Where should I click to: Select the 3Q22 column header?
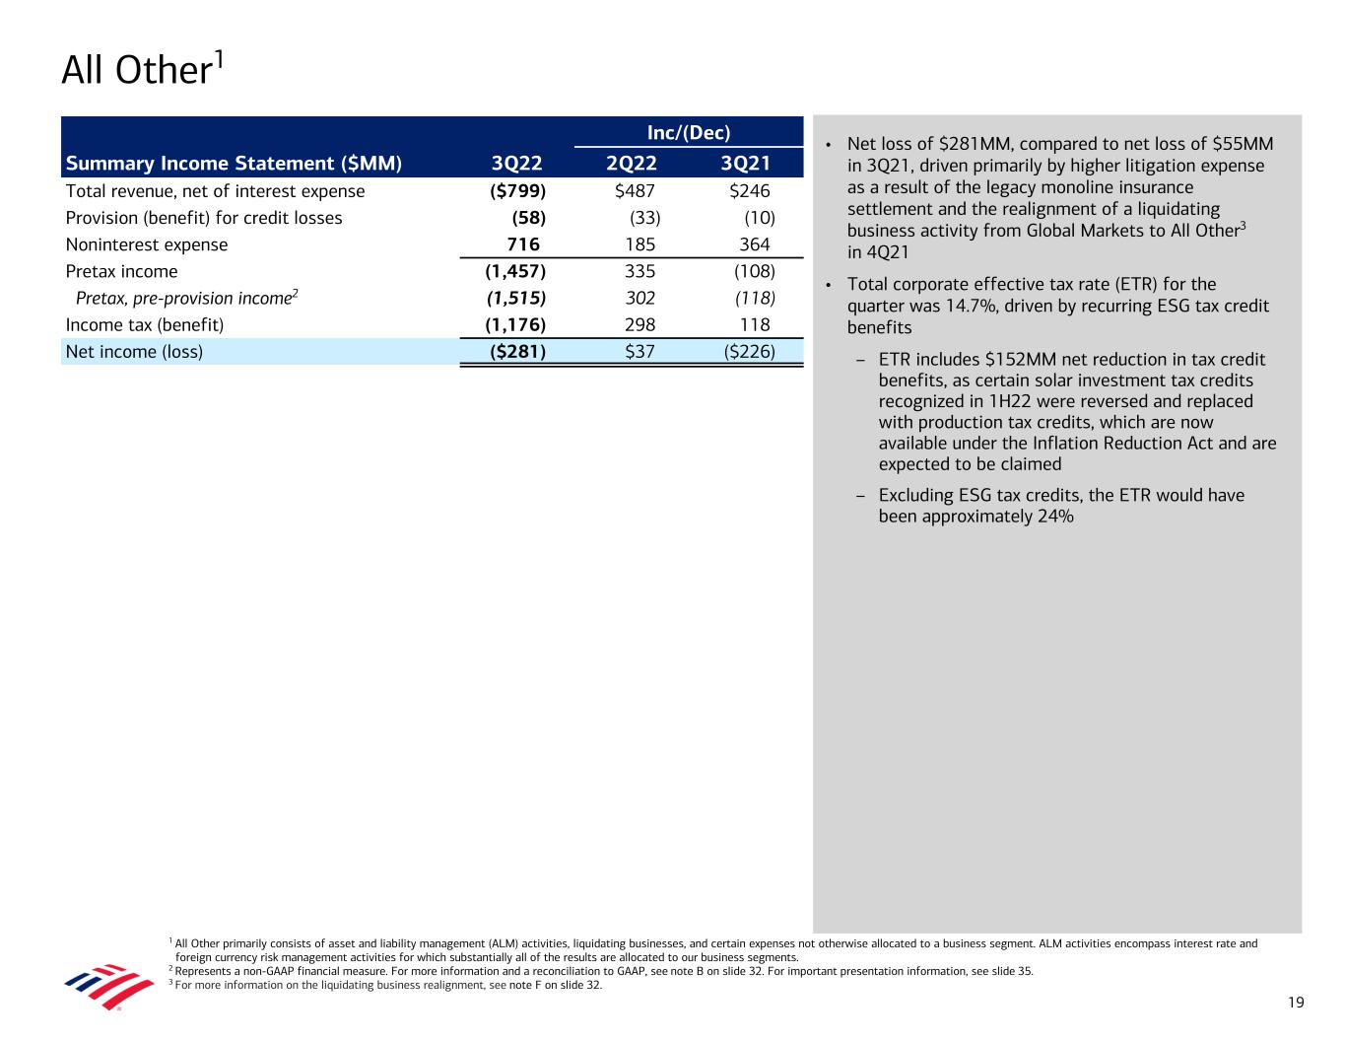(516, 164)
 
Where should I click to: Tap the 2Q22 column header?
(632, 164)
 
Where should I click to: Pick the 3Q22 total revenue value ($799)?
(518, 191)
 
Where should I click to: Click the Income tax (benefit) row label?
(145, 324)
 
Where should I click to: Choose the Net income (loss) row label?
(134, 351)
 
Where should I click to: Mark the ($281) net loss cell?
(518, 351)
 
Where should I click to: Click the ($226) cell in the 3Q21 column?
(749, 351)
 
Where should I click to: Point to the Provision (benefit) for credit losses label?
(204, 218)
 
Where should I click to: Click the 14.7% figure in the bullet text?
(943, 306)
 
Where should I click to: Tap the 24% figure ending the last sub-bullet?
(1055, 516)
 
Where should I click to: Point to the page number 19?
(1295, 1003)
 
